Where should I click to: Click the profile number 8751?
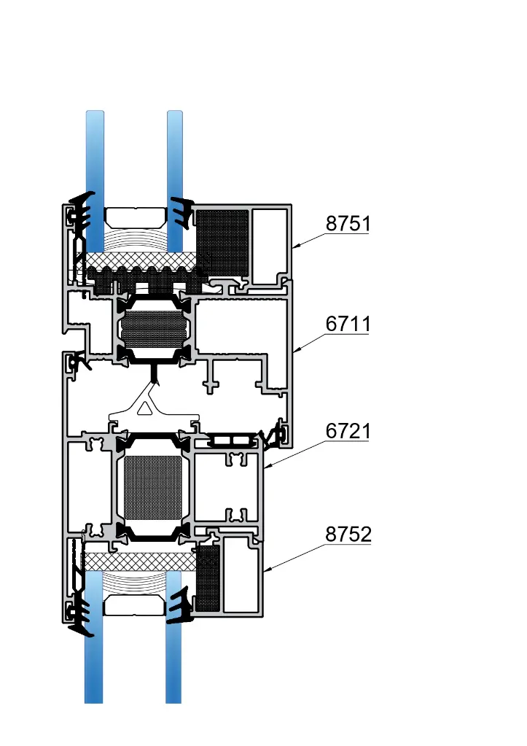pyautogui.click(x=348, y=224)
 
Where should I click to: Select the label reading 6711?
pyautogui.click(x=348, y=325)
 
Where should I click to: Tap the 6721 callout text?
pyautogui.click(x=348, y=432)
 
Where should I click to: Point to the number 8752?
pyautogui.click(x=348, y=535)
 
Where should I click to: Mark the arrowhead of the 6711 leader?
pyautogui.click(x=294, y=354)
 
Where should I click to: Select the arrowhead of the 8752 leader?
pyautogui.click(x=265, y=570)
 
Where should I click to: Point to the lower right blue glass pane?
pyautogui.click(x=173, y=664)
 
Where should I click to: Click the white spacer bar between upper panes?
pyautogui.click(x=134, y=216)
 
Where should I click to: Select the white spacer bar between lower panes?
pyautogui.click(x=134, y=604)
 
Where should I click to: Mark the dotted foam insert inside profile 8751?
pyautogui.click(x=223, y=244)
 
